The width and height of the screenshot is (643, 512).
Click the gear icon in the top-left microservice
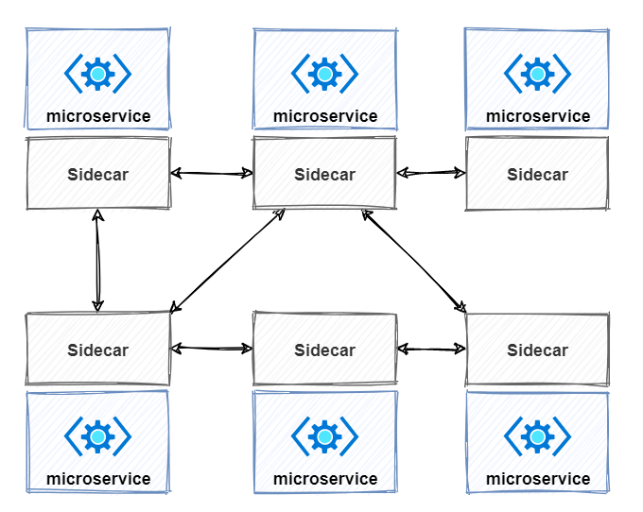tap(97, 74)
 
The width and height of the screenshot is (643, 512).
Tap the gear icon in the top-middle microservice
tap(324, 74)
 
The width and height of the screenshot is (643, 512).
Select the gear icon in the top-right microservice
tap(537, 74)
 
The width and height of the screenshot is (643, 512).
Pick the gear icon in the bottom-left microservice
tap(97, 436)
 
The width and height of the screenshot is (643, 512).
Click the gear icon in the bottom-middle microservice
tap(324, 436)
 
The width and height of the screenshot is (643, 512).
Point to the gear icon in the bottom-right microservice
tap(537, 436)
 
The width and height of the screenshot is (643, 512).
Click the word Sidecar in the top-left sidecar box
tap(98, 175)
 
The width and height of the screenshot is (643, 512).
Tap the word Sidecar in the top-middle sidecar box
tap(324, 175)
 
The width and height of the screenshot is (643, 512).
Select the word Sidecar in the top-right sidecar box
tap(538, 175)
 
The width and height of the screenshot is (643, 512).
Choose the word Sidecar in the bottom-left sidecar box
tap(98, 350)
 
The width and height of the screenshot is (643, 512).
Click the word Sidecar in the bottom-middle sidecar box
tap(324, 350)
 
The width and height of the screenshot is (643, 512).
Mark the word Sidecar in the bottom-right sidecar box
tap(538, 350)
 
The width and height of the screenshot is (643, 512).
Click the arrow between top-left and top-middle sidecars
tap(212, 173)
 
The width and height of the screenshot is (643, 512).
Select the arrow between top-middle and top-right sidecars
tap(431, 173)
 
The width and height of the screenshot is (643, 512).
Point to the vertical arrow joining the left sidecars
tap(97, 261)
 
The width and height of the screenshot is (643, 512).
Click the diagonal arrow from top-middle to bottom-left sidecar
tap(227, 262)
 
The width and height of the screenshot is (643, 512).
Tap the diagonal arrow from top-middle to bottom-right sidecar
tap(414, 262)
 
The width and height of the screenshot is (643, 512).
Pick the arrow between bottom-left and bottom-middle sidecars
tap(212, 349)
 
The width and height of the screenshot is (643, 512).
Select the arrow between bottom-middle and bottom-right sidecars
tap(431, 349)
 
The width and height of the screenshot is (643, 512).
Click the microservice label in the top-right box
tap(538, 116)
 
